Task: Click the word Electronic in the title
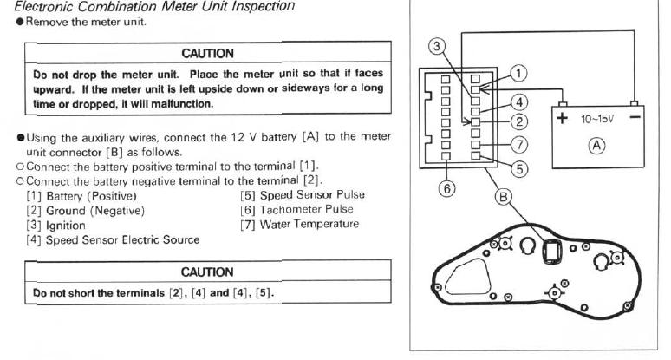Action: click(32, 6)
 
